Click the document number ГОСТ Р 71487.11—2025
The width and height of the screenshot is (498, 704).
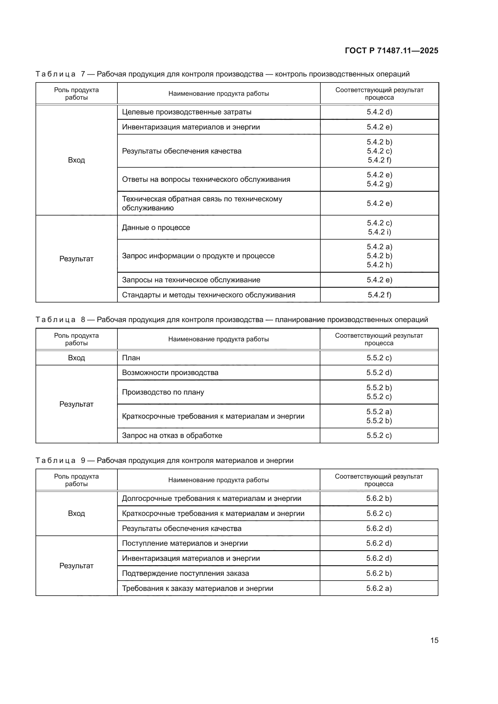tap(391, 51)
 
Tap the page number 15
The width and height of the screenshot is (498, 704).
tap(434, 640)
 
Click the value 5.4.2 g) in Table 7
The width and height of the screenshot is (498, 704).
tap(379, 184)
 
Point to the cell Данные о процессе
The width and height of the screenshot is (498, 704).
tap(156, 228)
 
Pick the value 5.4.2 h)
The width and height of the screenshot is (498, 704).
tap(379, 265)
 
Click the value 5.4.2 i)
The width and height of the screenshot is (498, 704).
tap(379, 232)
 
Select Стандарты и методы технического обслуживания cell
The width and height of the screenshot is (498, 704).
tap(209, 295)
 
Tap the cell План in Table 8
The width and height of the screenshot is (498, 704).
tap(131, 358)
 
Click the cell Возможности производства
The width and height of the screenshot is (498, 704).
tap(170, 373)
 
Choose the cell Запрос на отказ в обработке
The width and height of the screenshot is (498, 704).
tap(172, 436)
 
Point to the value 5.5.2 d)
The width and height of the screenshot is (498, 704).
tap(379, 373)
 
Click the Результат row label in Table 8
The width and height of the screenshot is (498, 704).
tap(76, 404)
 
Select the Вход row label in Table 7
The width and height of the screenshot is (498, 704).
tap(76, 160)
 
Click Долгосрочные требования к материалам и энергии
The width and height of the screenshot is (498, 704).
tap(212, 498)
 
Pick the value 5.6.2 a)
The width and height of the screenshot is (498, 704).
tap(379, 588)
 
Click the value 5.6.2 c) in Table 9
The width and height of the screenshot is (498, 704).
tap(379, 513)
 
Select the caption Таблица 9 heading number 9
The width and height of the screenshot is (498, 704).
tap(83, 461)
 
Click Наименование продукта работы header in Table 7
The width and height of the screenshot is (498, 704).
tap(218, 94)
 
